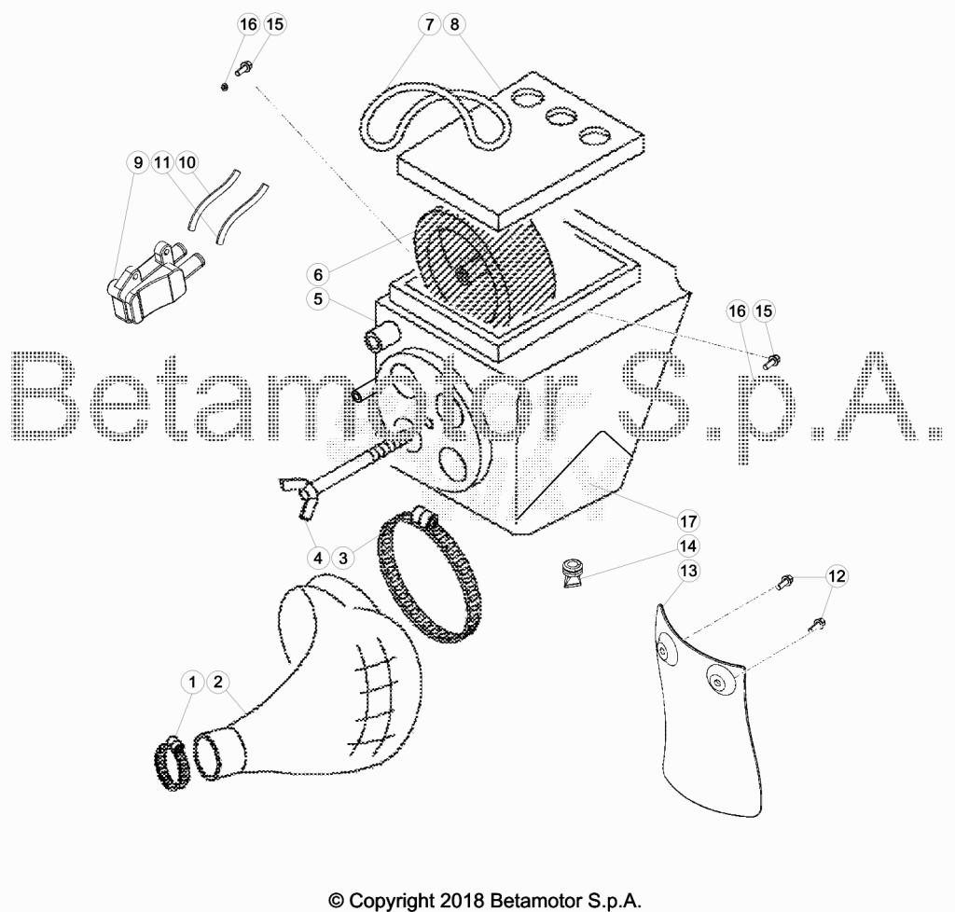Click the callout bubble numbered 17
coord(688,521)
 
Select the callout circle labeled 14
coord(688,546)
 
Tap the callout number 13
coord(688,571)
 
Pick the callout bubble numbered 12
coord(837,576)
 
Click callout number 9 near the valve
coord(138,162)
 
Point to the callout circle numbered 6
coord(318,274)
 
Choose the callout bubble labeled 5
coord(318,299)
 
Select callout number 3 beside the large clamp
coord(343,558)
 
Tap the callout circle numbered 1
coord(192,682)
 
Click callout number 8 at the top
coord(455,24)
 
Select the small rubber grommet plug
coord(574,573)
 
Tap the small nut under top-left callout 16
coord(225,87)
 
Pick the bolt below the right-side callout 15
coord(772,362)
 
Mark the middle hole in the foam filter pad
coord(563,115)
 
